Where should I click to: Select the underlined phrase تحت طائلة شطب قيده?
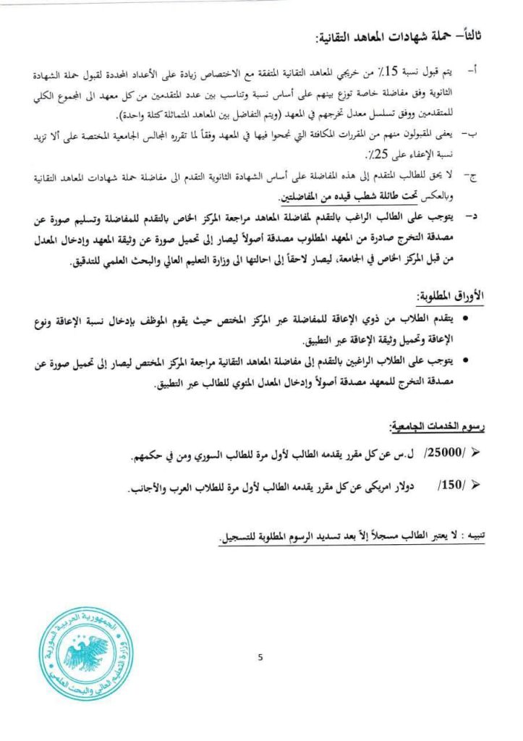(x=339, y=196)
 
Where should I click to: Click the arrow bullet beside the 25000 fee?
(x=475, y=455)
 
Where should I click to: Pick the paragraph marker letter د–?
(x=472, y=216)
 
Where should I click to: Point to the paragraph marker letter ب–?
(x=472, y=135)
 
